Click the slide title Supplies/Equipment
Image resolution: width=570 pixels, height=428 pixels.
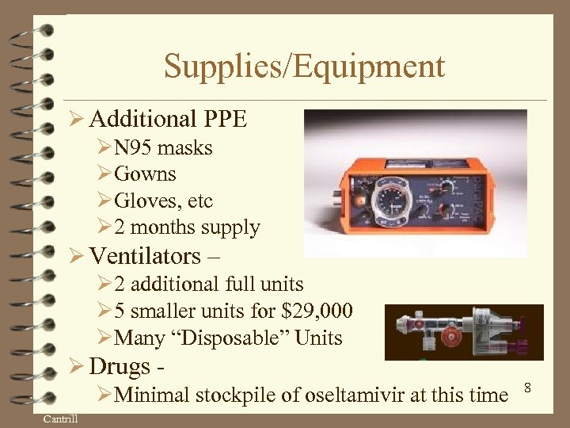tap(304, 67)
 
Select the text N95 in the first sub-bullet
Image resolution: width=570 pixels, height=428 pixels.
tap(134, 148)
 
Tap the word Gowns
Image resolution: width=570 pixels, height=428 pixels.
tap(146, 174)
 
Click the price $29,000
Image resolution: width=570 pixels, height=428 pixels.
tap(321, 311)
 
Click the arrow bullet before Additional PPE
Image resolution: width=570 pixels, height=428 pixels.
tap(76, 120)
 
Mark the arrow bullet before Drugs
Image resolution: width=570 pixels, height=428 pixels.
tap(76, 367)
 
